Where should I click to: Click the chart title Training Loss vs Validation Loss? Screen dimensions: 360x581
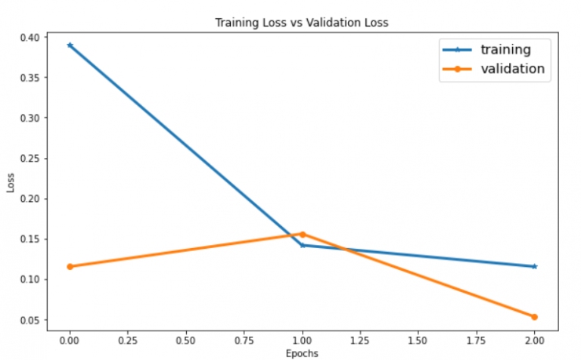pyautogui.click(x=301, y=23)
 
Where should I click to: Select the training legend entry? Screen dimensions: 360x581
pyautogui.click(x=505, y=50)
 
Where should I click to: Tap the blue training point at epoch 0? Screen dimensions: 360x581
pyautogui.click(x=70, y=45)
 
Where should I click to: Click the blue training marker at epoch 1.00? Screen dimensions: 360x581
pyautogui.click(x=303, y=245)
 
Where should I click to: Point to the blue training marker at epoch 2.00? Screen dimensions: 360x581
pyautogui.click(x=534, y=266)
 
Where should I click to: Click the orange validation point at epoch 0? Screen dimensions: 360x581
pyautogui.click(x=70, y=266)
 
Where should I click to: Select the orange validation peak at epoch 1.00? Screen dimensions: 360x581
pyautogui.click(x=303, y=234)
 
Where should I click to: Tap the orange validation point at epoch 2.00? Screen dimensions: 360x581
pyautogui.click(x=534, y=317)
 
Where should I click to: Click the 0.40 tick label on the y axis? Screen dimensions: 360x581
pyautogui.click(x=31, y=37)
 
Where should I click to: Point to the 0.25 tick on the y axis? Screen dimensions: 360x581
pyautogui.click(x=31, y=158)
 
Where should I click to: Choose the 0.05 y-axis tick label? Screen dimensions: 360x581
pyautogui.click(x=31, y=320)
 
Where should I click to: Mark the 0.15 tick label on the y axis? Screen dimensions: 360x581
pyautogui.click(x=31, y=239)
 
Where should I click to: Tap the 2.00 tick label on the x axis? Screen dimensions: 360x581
pyautogui.click(x=534, y=340)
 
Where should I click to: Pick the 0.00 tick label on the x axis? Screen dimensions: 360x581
pyautogui.click(x=70, y=340)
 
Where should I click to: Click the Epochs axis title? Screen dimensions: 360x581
pyautogui.click(x=302, y=353)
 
